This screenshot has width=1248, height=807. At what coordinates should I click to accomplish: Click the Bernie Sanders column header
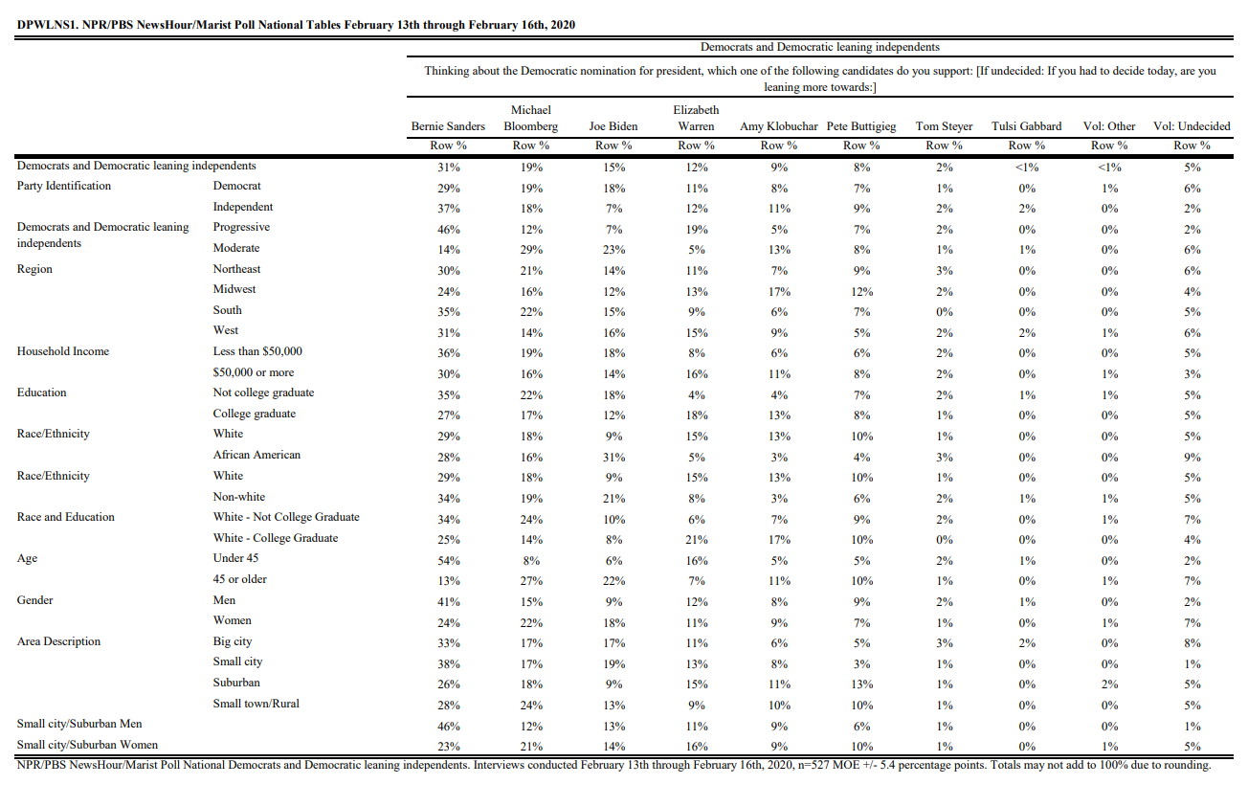(x=448, y=126)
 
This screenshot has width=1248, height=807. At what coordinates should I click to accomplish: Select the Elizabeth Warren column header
(x=696, y=118)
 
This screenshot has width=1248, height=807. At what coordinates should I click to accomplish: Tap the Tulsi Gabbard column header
(x=1026, y=126)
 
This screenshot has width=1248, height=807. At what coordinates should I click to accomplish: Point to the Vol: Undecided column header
(x=1192, y=126)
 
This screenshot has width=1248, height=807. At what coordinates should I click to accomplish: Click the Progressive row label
(x=241, y=228)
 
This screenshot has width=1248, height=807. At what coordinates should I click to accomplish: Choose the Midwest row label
(x=234, y=289)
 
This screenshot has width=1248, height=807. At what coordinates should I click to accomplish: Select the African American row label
(x=256, y=455)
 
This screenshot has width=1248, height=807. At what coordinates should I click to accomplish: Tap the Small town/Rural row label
(x=256, y=704)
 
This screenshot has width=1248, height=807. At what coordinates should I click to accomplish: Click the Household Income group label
(x=63, y=351)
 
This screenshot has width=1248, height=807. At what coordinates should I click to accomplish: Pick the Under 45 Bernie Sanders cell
(x=449, y=561)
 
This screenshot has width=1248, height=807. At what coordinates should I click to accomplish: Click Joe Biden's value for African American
(x=613, y=458)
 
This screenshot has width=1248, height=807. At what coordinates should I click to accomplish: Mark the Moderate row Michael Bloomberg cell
(x=531, y=250)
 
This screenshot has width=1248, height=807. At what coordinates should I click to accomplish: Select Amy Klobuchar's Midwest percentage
(x=779, y=291)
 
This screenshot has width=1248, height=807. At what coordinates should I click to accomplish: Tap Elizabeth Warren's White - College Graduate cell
(x=697, y=540)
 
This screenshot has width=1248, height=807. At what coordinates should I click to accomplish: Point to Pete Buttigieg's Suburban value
(x=861, y=684)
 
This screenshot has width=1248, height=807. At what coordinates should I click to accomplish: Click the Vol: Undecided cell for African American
(x=1192, y=458)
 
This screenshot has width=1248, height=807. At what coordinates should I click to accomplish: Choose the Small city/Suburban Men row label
(x=79, y=724)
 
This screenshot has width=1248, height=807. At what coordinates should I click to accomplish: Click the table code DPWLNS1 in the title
(x=46, y=25)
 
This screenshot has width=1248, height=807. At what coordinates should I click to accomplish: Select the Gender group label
(x=34, y=600)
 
